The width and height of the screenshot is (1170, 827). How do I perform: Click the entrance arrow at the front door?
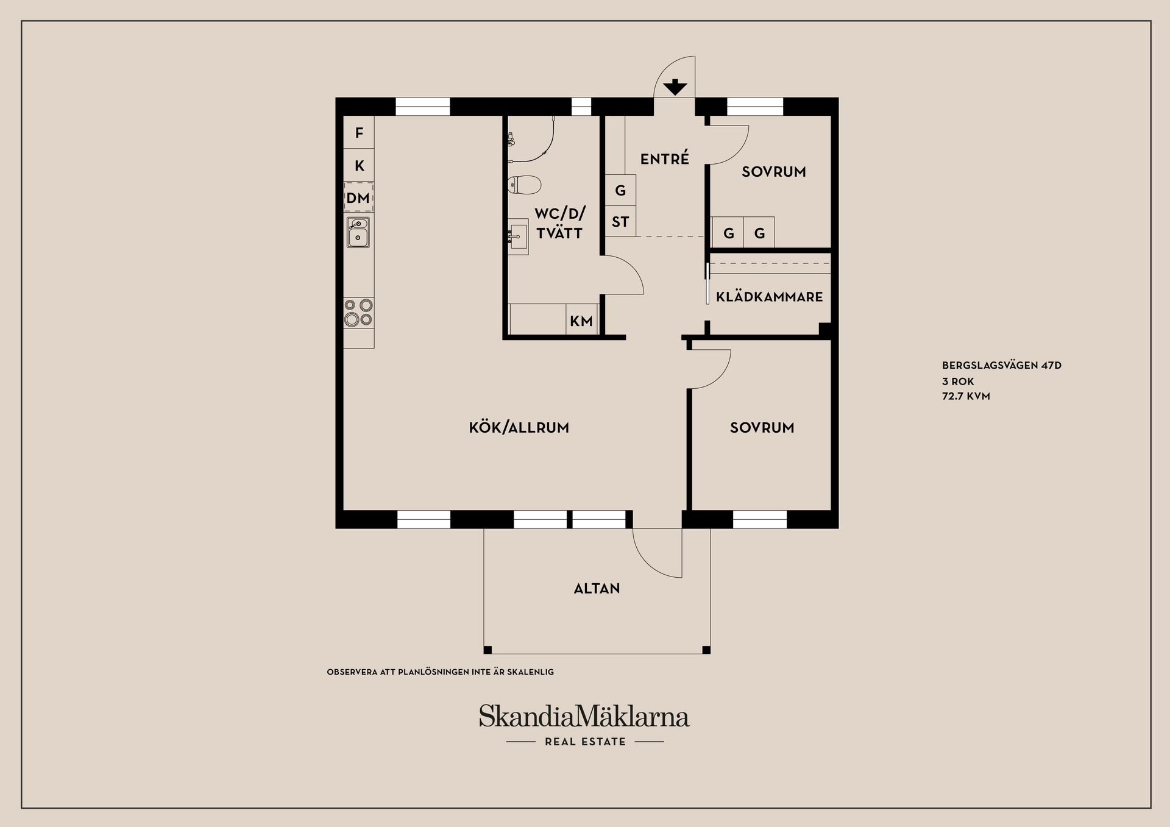pos(675,88)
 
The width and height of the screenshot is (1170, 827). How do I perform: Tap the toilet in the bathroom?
pos(524,185)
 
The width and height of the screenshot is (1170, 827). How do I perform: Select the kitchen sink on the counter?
pos(358,232)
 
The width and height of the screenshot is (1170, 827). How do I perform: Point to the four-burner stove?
pos(358,312)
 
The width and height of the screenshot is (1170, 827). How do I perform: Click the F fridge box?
pos(359,132)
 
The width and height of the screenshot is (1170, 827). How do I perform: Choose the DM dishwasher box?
pos(358,198)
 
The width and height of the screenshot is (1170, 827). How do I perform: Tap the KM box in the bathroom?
pos(581,321)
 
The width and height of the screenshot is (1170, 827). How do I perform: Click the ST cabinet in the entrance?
pos(620,222)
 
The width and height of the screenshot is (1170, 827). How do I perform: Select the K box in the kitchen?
pos(359,165)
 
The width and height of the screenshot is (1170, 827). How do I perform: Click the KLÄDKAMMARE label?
pos(769,297)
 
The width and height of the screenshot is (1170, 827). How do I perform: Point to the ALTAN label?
pos(597,589)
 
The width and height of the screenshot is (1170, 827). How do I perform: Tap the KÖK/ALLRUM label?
pos(519,428)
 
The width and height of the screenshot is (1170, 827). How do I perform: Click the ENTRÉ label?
pos(664,158)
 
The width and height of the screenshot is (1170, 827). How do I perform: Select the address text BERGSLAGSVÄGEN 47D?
pos(1002,366)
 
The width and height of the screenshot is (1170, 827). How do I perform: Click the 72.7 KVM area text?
pos(966,396)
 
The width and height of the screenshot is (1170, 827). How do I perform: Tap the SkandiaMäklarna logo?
pos(584,716)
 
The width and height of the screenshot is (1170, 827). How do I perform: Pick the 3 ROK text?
pos(958,382)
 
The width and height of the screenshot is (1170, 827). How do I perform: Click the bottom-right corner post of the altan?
pos(706,650)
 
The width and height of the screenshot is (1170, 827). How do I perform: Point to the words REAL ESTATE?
pos(585,742)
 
